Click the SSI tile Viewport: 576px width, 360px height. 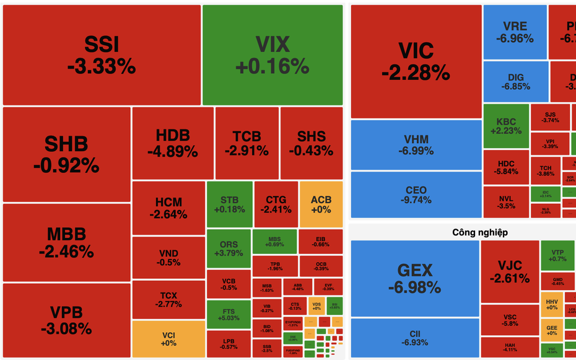pyautogui.click(x=102, y=55)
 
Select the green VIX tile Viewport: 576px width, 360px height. pyautogui.click(x=273, y=55)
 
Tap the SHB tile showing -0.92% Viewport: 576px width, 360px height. pyautogui.click(x=66, y=154)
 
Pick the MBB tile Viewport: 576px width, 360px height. pyautogui.click(x=66, y=242)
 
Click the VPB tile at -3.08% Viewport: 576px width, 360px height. pyautogui.click(x=66, y=320)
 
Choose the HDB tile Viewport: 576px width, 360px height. pyautogui.click(x=172, y=143)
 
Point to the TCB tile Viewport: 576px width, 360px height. pyautogui.click(x=247, y=143)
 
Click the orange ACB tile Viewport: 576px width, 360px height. pyautogui.click(x=321, y=204)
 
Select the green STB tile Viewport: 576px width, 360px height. pyautogui.click(x=229, y=204)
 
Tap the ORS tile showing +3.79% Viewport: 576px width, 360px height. pyautogui.click(x=229, y=247)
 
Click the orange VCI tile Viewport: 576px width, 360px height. pyautogui.click(x=168, y=338)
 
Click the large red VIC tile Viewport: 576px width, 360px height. pyautogui.click(x=416, y=61)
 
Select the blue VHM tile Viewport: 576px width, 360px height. pyautogui.click(x=416, y=145)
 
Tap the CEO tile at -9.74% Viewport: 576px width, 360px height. pyautogui.click(x=416, y=195)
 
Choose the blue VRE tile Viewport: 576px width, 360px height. pyautogui.click(x=515, y=32)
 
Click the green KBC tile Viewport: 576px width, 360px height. pyautogui.click(x=505, y=125)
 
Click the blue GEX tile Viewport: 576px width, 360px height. pyautogui.click(x=414, y=278)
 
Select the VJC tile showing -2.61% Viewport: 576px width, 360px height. pyautogui.click(x=509, y=271)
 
